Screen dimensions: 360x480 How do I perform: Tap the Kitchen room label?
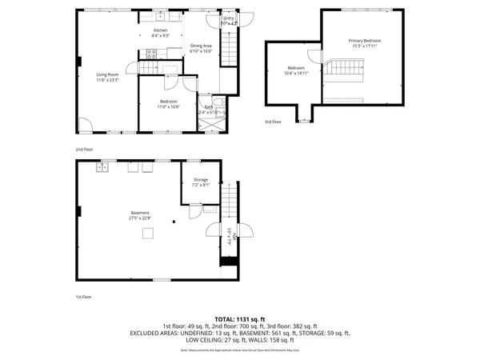160,30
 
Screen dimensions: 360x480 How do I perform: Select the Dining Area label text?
202,46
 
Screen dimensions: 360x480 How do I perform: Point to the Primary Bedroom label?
364,40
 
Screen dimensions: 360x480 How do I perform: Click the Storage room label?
201,180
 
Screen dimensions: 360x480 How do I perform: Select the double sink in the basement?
102,166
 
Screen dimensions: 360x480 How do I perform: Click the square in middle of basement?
148,233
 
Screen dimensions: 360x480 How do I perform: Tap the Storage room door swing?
194,210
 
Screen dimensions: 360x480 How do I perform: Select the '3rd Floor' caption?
273,122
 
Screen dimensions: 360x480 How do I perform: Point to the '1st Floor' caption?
83,295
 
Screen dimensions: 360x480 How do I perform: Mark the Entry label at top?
229,18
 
